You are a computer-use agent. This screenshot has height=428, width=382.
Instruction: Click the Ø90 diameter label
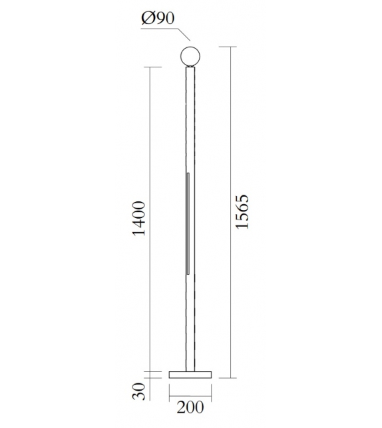pyautogui.click(x=157, y=19)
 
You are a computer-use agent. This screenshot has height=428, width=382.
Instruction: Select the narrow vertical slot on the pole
pyautogui.click(x=188, y=223)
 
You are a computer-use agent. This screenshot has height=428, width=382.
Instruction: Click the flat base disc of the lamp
pyautogui.click(x=190, y=374)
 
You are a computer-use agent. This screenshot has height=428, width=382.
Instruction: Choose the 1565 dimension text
pyautogui.click(x=242, y=213)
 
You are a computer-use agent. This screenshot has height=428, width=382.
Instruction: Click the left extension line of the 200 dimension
pyautogui.click(x=170, y=388)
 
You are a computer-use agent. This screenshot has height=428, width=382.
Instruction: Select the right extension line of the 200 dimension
pyautogui.click(x=212, y=388)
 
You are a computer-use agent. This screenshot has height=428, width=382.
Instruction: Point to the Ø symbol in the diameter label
pyautogui.click(x=147, y=19)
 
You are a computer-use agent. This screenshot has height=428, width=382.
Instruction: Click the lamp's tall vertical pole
pyautogui.click(x=191, y=133)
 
